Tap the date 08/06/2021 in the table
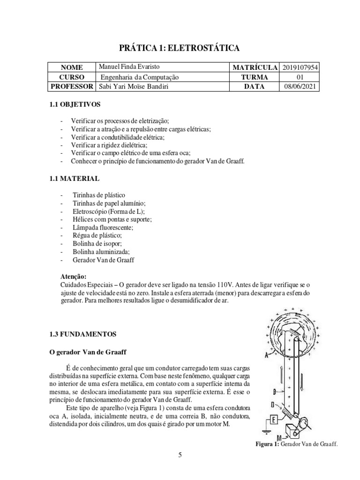pos(300,86)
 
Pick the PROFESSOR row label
pos(71,86)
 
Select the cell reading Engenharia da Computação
pos(139,77)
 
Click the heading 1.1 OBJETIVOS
pos(75,104)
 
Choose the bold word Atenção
pos(74,276)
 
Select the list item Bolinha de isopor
pos(97,243)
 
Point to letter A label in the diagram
pos(267,356)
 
